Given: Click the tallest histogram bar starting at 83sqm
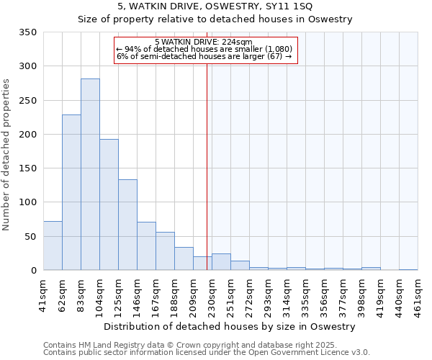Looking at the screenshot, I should (x=90, y=174).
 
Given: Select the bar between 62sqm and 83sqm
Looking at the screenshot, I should (x=71, y=192).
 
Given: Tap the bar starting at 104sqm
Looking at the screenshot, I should (x=109, y=204).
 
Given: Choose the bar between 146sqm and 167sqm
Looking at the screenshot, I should (x=146, y=246).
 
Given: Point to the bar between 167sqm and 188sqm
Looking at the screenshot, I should (x=165, y=251).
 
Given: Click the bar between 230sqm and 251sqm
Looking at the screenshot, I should (x=221, y=262).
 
